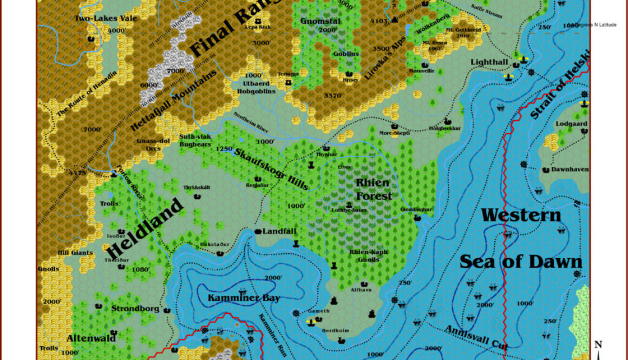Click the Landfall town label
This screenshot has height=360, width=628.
point(279,231)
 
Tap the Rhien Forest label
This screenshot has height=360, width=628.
point(373,189)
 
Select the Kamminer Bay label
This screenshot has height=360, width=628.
point(244,298)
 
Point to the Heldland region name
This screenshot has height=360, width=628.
point(143,228)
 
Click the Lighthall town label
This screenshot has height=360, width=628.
point(489,62)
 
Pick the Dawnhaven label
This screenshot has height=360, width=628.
point(570,169)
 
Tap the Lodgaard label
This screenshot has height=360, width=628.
point(571,123)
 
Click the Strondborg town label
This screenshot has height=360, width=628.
point(135,309)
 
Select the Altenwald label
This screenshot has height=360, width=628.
point(91,338)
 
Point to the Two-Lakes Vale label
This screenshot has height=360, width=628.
point(98,18)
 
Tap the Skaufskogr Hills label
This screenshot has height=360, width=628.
point(272,169)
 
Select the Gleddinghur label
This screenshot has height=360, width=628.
point(416,209)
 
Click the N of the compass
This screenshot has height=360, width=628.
point(598,344)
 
